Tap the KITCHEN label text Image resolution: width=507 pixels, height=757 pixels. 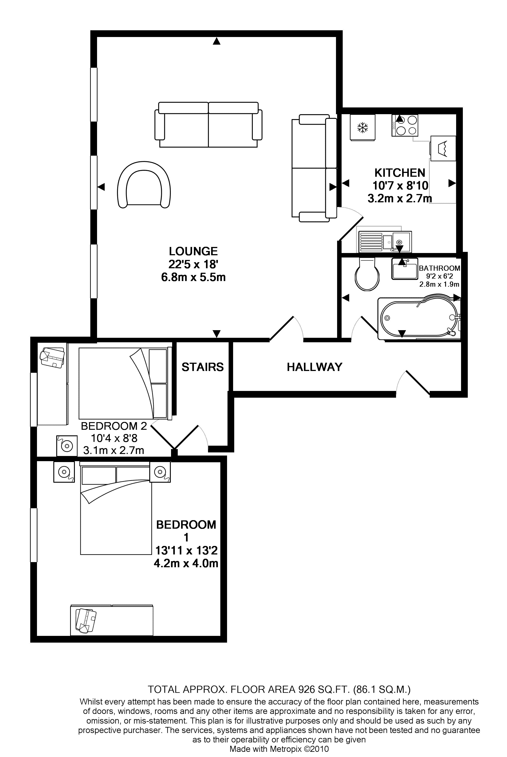tap(400, 173)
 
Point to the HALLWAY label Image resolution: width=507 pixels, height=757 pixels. tap(315, 367)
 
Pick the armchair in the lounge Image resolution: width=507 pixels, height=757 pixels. tap(144, 184)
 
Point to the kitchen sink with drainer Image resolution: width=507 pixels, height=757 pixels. tap(384, 241)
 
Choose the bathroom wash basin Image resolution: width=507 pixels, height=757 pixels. tap(405, 268)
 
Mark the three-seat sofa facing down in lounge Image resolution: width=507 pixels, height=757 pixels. tap(208, 124)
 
